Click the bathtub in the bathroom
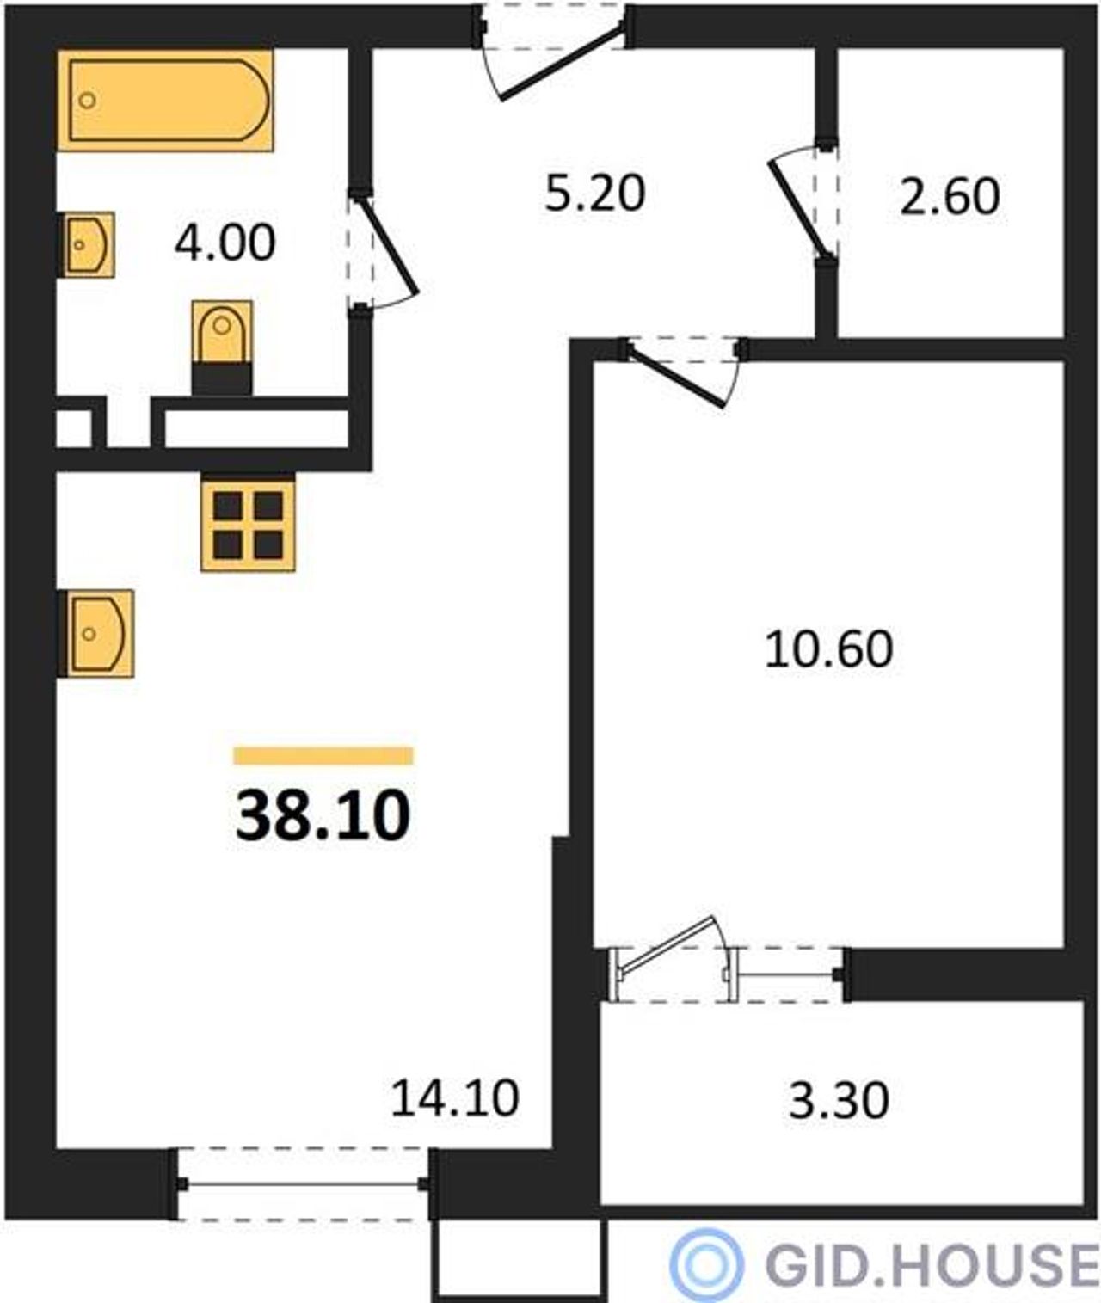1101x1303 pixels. point(165,100)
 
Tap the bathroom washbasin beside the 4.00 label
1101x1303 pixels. point(86,244)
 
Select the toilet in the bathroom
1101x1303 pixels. point(222,347)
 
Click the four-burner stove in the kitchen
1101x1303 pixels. point(248,524)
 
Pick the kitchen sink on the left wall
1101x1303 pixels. point(96,633)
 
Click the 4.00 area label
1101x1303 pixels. point(225,243)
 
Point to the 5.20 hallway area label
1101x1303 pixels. point(595,194)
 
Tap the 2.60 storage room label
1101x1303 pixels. point(950,197)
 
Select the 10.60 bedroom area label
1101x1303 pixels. point(829,649)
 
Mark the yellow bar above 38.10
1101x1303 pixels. point(323,756)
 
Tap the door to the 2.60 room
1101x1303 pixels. point(800,207)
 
